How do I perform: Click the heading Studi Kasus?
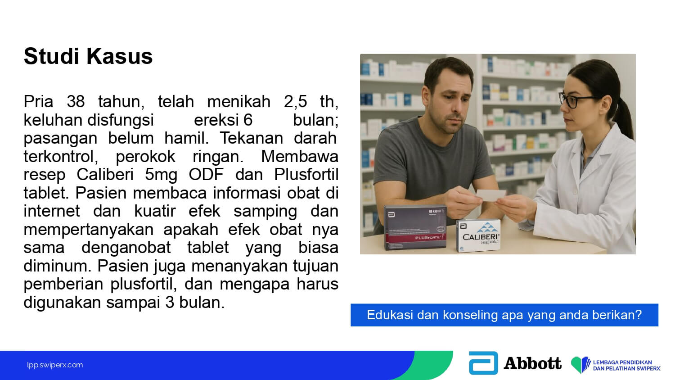click(x=88, y=56)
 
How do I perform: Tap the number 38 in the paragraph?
click(x=76, y=101)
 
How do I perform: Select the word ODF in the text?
click(x=206, y=174)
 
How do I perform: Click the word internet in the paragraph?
click(x=52, y=211)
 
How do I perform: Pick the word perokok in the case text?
click(x=145, y=156)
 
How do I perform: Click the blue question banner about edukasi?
click(x=504, y=315)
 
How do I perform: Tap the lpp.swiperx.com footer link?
click(x=55, y=365)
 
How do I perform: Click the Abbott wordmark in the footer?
click(x=532, y=363)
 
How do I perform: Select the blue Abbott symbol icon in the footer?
click(x=483, y=363)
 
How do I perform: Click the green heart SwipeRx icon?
click(x=580, y=365)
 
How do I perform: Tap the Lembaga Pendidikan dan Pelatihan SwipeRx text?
click(x=626, y=365)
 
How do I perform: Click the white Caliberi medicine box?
click(x=478, y=235)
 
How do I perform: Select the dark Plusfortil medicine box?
click(x=415, y=227)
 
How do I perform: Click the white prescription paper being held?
click(x=491, y=195)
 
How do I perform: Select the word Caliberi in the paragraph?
click(x=105, y=174)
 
